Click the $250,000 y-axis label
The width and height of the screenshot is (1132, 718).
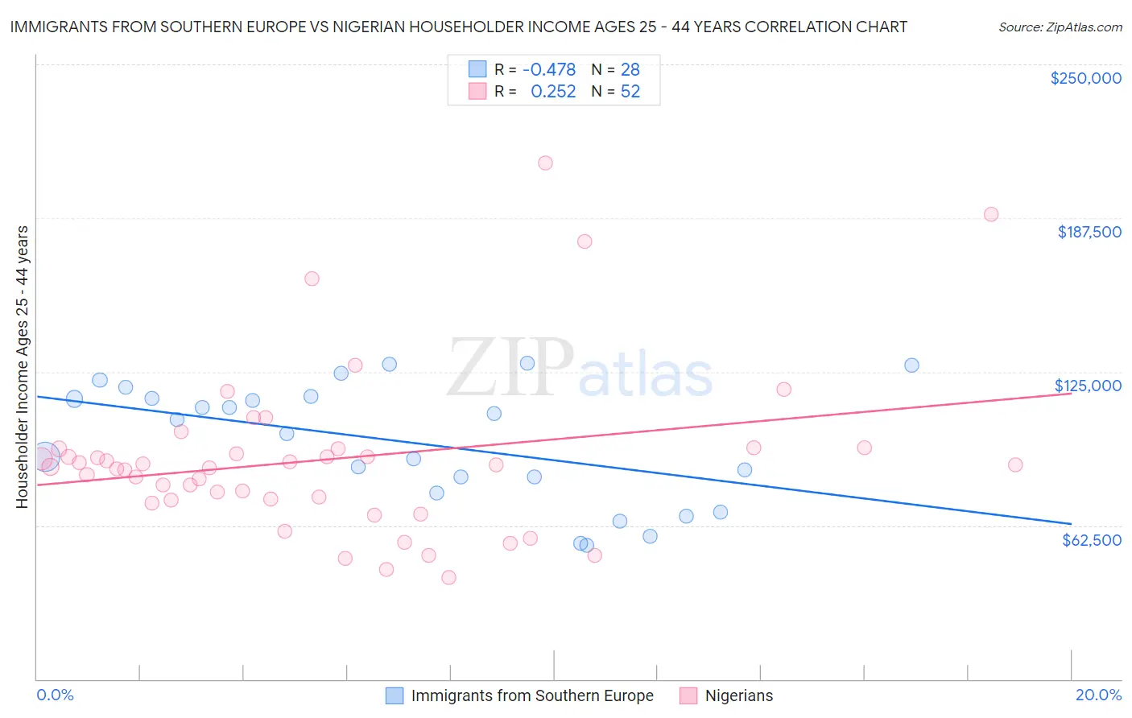point(1085,78)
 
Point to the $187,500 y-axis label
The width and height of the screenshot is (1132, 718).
point(1089,232)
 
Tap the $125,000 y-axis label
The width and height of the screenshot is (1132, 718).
point(1088,386)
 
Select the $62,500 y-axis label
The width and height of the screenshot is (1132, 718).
point(1091,540)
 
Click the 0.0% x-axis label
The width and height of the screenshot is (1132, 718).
point(56,695)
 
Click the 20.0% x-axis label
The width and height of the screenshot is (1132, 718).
point(1098,695)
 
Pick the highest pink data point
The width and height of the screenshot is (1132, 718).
point(545,163)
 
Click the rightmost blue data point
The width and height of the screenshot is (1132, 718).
point(911,365)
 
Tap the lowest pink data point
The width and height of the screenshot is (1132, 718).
point(449,577)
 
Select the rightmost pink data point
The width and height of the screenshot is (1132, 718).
point(1015,464)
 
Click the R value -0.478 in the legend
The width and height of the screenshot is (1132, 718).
point(549,70)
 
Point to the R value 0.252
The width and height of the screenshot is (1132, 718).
point(553,92)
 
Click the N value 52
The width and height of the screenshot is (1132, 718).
point(630,92)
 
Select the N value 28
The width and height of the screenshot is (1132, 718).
point(630,70)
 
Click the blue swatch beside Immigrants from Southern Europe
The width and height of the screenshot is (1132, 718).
point(395,695)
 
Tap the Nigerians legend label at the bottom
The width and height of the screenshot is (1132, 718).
point(738,695)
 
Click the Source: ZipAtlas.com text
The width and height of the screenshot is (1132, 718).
point(1060,27)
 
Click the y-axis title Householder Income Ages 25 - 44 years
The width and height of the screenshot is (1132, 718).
point(23,367)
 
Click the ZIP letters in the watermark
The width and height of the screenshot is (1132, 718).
point(510,368)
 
